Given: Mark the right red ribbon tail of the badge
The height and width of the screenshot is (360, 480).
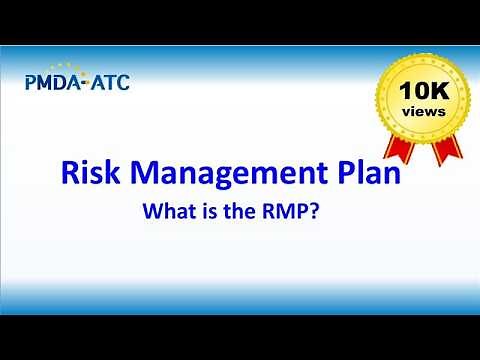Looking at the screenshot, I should coord(449,150).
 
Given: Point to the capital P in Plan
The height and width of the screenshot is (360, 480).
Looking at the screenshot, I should coord(340,176).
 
